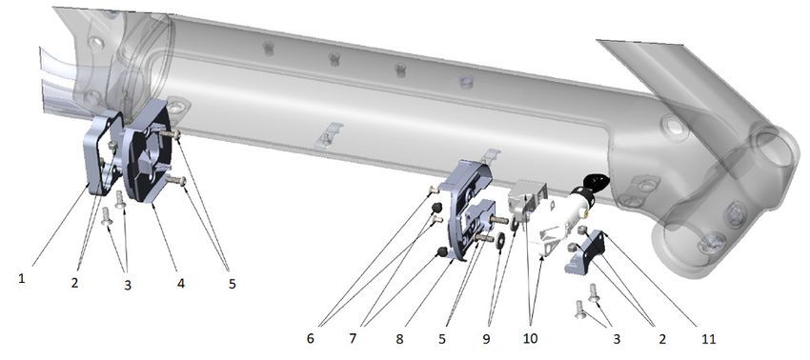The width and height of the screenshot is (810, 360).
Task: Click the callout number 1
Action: click(22, 278)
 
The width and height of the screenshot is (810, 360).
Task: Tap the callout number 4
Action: click(180, 284)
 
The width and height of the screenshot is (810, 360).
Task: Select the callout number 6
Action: click(311, 338)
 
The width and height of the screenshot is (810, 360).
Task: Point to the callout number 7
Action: click(353, 338)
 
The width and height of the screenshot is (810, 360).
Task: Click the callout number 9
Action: click(486, 339)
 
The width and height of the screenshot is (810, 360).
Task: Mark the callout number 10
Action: click(530, 339)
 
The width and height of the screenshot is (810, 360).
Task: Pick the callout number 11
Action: click(709, 339)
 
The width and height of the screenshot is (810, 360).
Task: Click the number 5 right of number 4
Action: click(232, 284)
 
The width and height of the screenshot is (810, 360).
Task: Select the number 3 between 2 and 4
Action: click(128, 285)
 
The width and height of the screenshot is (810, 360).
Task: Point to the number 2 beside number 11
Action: click(661, 339)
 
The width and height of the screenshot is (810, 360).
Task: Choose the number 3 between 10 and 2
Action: click(617, 339)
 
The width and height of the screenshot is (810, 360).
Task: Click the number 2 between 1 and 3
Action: click(75, 283)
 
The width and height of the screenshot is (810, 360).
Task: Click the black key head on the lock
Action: click(597, 182)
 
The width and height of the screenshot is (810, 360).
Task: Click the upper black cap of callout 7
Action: click(436, 208)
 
